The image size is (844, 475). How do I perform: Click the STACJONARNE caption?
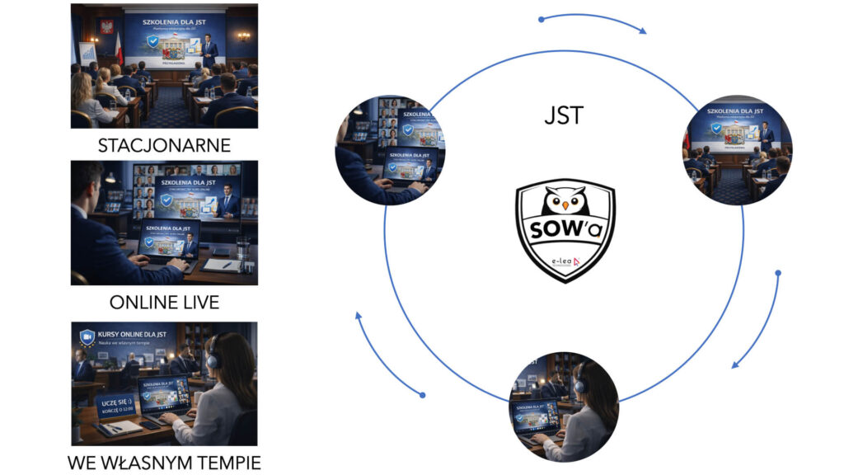(x=163, y=146)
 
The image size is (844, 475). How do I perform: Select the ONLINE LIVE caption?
(x=164, y=302)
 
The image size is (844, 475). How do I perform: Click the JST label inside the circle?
(x=564, y=115)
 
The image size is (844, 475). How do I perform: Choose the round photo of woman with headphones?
(x=564, y=406)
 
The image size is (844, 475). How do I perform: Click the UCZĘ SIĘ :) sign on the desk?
(x=115, y=405)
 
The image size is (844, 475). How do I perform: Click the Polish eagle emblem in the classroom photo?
(x=105, y=27)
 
